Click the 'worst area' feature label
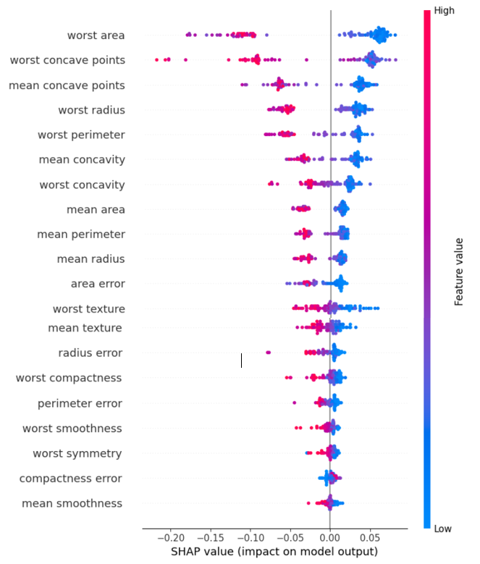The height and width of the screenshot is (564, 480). (96, 35)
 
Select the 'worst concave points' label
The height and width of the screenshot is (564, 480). (67, 60)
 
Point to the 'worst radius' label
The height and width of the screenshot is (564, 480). (91, 110)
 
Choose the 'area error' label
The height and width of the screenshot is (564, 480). (98, 283)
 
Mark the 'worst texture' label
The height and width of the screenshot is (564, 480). (88, 309)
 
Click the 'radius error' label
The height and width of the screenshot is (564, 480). (90, 353)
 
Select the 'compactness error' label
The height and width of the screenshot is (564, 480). (70, 479)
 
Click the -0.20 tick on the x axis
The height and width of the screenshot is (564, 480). (171, 539)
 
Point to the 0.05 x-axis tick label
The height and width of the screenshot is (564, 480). (370, 539)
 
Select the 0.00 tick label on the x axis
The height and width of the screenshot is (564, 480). (330, 539)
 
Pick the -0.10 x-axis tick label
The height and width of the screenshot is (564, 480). (250, 539)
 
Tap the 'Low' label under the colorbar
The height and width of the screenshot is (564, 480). (442, 529)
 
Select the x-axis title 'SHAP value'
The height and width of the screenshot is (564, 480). (274, 552)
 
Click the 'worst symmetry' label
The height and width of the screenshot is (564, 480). (77, 454)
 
